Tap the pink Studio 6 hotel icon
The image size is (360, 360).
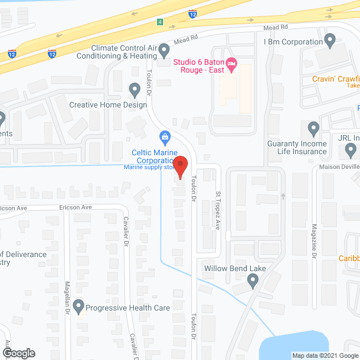[231, 67]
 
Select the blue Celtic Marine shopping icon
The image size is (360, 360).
[165, 136]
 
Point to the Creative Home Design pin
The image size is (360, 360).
[134, 89]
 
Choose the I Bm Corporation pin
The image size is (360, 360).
[330, 40]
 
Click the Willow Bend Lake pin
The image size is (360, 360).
[253, 281]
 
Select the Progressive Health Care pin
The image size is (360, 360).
[78, 307]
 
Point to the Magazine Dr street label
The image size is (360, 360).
[314, 242]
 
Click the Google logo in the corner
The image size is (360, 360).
[18, 353]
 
